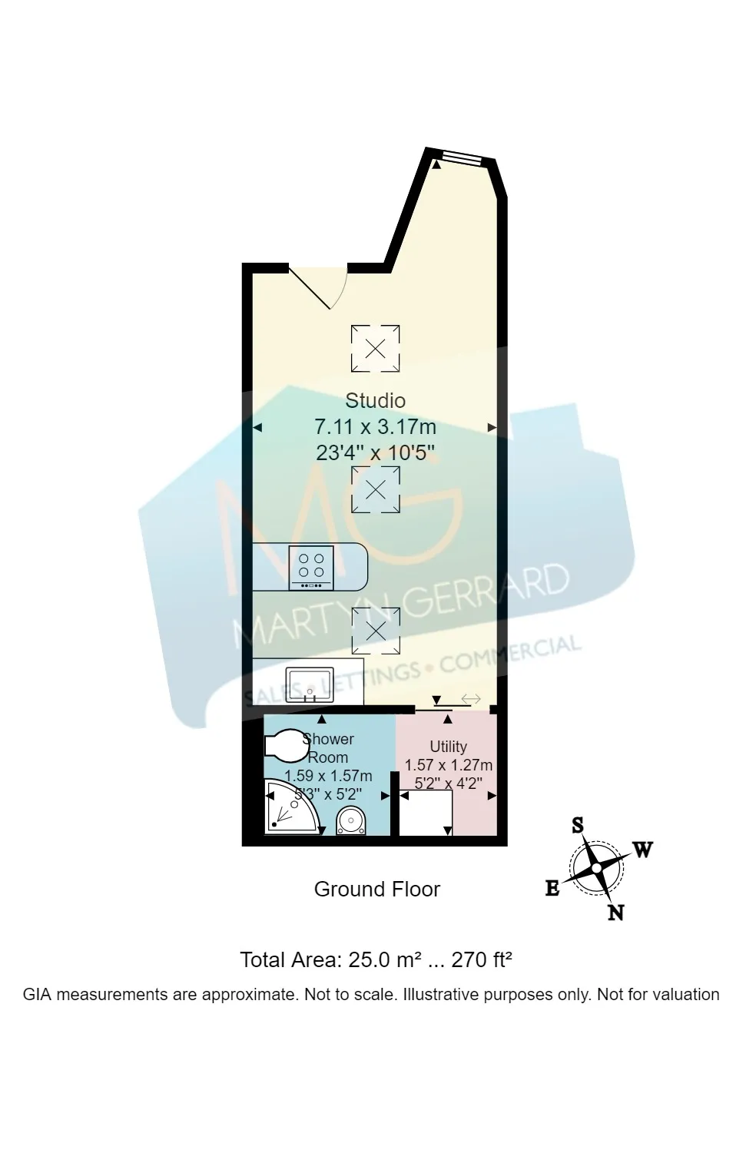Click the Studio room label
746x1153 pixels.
375,400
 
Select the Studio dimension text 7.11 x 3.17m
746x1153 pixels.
375,426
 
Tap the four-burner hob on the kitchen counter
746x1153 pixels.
310,568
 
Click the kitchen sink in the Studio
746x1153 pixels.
310,684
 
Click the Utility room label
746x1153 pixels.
449,746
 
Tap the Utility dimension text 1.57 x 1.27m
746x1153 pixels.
449,765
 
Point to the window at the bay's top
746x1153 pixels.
459,157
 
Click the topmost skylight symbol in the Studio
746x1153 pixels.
375,348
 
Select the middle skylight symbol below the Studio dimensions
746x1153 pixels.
375,489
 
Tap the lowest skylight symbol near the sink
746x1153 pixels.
375,631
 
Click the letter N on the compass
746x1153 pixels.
615,913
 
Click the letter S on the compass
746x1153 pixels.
578,826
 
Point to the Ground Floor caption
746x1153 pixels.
376,890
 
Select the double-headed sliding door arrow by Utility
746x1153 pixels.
471,699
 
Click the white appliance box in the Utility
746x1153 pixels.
425,813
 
